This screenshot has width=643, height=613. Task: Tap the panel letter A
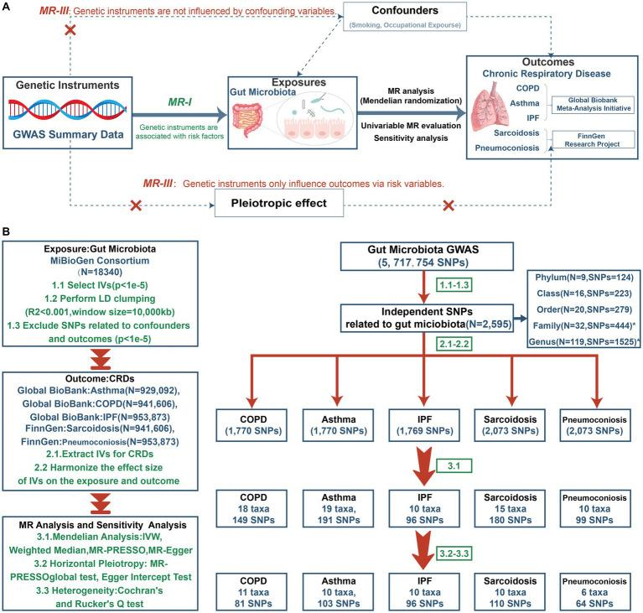(7, 8)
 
